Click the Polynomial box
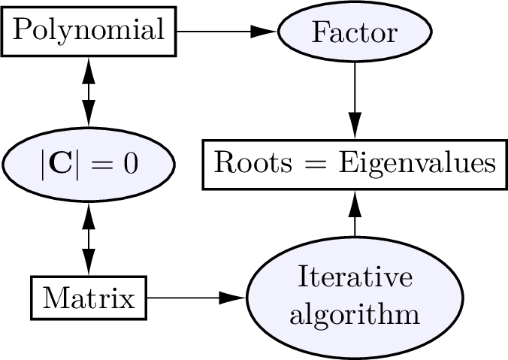coord(89,32)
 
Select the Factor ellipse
coord(354,32)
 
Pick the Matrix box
coord(89,298)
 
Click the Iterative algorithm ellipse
coord(354,298)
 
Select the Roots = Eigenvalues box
coord(354,163)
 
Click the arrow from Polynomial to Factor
coord(225,32)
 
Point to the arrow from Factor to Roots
coord(354,98)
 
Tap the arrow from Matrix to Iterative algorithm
coord(195,298)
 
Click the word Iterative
coord(355,277)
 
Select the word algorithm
coord(354,314)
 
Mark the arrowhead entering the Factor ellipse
coord(265,32)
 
